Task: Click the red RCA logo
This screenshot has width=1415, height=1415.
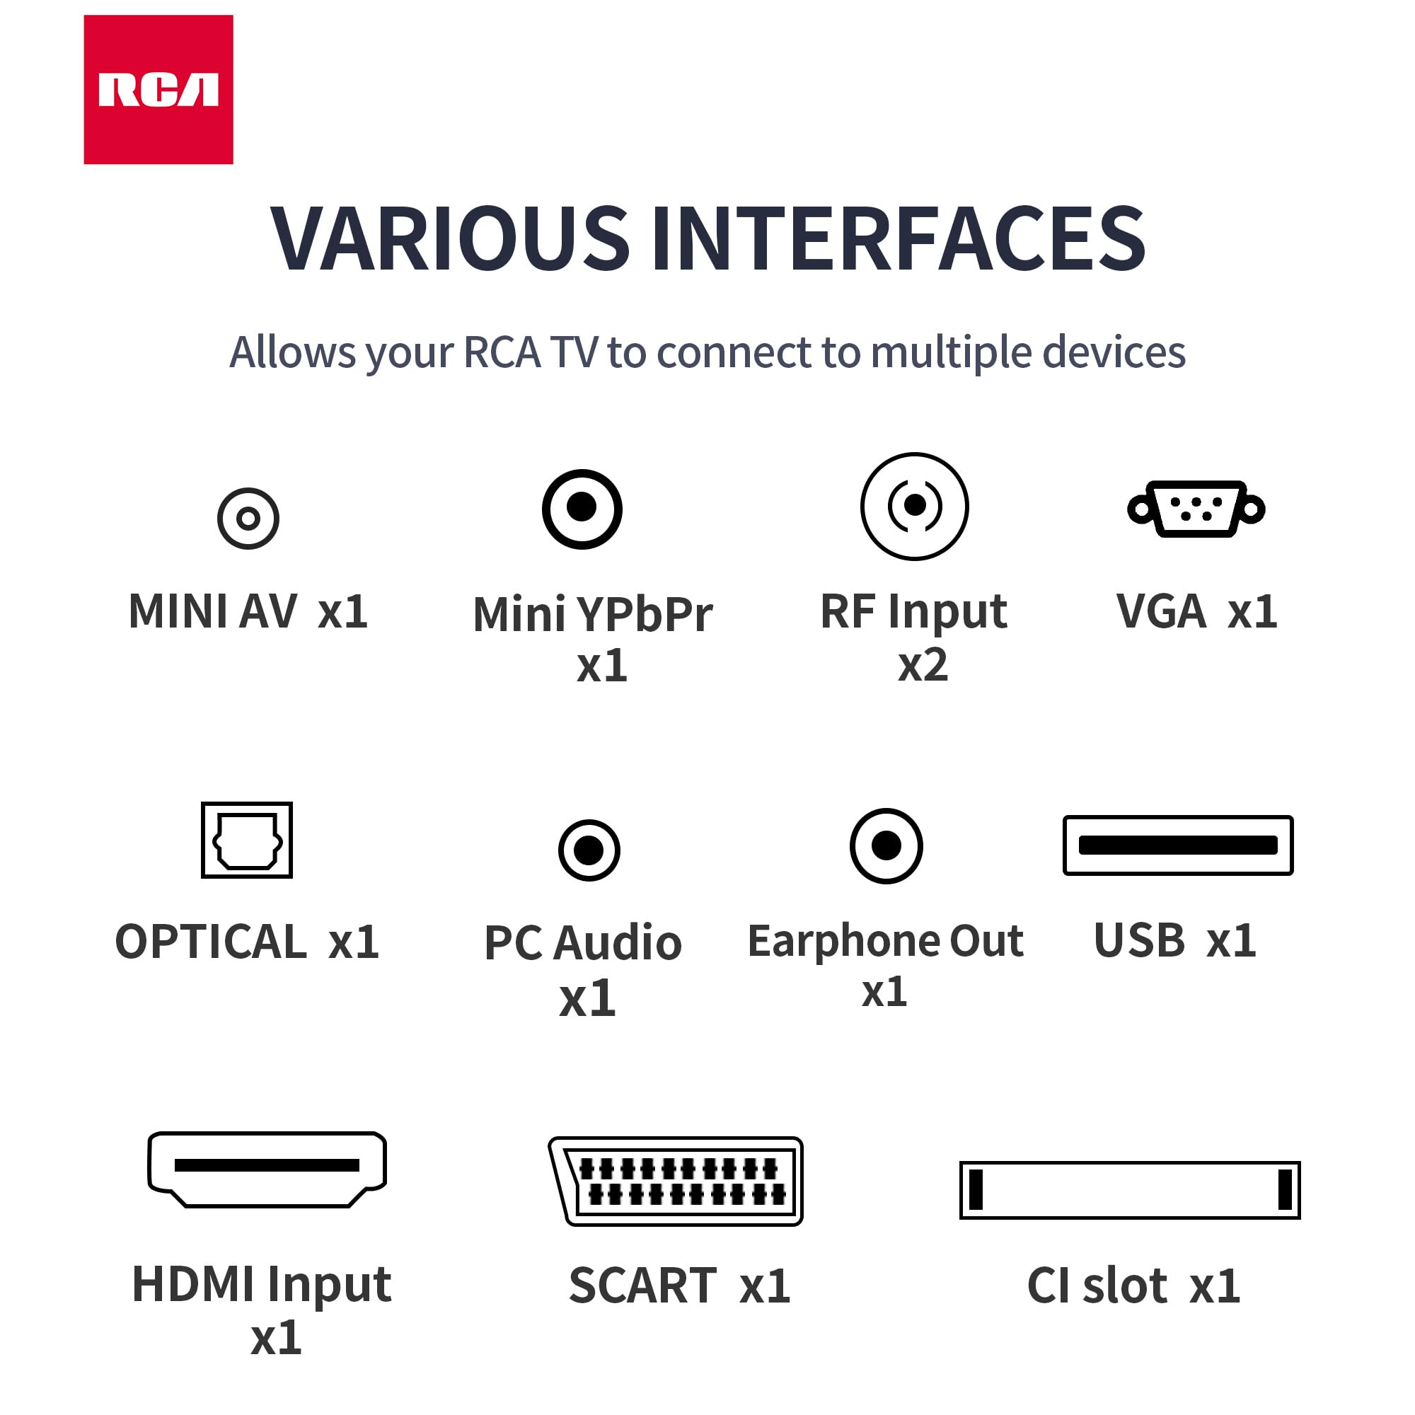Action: [x=158, y=89]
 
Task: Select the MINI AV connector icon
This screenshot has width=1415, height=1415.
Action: [x=248, y=519]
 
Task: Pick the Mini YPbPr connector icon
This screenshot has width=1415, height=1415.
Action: [x=582, y=509]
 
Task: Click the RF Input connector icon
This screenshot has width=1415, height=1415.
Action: [x=914, y=506]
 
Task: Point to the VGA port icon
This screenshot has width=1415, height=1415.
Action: [x=1196, y=509]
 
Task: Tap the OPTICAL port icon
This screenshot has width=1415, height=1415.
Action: [x=247, y=840]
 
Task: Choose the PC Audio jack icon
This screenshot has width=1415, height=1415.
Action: [x=589, y=850]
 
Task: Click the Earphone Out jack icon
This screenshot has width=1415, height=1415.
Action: [x=886, y=846]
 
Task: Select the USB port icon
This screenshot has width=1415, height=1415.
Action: [x=1178, y=845]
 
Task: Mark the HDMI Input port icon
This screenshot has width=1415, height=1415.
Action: [x=267, y=1169]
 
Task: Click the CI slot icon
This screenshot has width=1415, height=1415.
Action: [x=1129, y=1189]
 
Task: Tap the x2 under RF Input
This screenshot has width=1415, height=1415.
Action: [x=923, y=665]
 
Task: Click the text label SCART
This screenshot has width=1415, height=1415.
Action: [x=643, y=1286]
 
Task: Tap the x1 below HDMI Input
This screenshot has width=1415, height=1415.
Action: [x=275, y=1338]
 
